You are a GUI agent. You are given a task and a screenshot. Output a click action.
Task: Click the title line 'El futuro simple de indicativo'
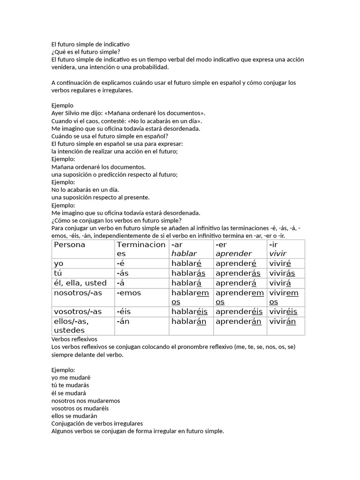pyautogui.click(x=90, y=44)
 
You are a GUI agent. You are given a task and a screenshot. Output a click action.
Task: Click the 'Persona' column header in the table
pyautogui.click(x=70, y=245)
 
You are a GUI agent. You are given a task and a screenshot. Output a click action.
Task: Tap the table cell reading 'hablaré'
pyautogui.click(x=186, y=263)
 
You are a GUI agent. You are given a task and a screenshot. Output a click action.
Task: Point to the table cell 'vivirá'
pyautogui.click(x=280, y=283)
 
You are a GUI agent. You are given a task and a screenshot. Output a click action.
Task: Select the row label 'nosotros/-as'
pyautogui.click(x=78, y=292)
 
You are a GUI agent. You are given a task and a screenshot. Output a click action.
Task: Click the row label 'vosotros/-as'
pyautogui.click(x=78, y=312)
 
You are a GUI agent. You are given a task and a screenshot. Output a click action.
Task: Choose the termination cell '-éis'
pyautogui.click(x=125, y=312)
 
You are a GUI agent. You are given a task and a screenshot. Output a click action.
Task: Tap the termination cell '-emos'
pyautogui.click(x=128, y=292)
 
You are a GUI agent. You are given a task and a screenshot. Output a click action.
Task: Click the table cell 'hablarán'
pyautogui.click(x=188, y=321)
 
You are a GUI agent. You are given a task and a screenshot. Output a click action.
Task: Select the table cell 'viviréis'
pyautogui.click(x=283, y=312)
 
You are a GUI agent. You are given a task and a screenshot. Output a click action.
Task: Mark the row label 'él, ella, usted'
pyautogui.click(x=80, y=283)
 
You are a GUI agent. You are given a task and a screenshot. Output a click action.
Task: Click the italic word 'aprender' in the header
pyautogui.click(x=233, y=254)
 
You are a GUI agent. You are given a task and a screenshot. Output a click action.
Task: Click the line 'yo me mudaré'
pyautogui.click(x=71, y=377)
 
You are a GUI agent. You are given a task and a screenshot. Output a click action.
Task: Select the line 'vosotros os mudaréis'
pyautogui.click(x=80, y=408)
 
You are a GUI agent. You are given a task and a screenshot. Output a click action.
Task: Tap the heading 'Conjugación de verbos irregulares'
pyautogui.click(x=97, y=423)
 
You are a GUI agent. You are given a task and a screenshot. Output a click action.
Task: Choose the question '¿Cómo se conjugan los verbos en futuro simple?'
pyautogui.click(x=116, y=220)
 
